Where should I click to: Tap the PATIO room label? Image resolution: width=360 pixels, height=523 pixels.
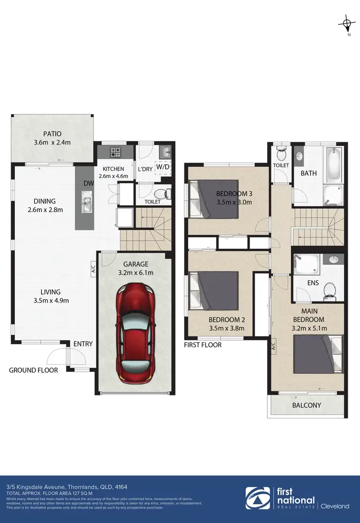[52, 134]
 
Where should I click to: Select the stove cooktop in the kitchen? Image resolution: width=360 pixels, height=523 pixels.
[116, 153]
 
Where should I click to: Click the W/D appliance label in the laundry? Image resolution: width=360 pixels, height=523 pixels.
[163, 167]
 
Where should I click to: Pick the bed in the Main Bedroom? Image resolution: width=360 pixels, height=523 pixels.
[317, 353]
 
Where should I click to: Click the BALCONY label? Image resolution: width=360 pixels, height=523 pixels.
[307, 405]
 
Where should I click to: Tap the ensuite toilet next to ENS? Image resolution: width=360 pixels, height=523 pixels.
[330, 289]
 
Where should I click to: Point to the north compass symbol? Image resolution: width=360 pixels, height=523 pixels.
[345, 23]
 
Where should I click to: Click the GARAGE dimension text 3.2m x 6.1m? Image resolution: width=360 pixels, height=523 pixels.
[135, 273]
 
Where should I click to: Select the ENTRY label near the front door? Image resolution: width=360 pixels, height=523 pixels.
[83, 344]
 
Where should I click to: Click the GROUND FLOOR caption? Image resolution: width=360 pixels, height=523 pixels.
[34, 370]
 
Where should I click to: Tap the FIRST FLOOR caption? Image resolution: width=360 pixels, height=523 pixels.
[203, 345]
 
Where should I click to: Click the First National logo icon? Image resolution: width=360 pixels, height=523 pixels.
[258, 498]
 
